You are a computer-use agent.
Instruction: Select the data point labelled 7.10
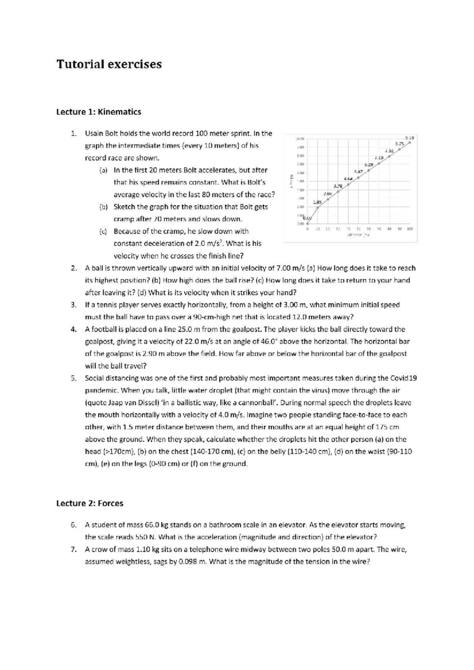tap(389, 156)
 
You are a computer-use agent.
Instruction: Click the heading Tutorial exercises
tap(109, 64)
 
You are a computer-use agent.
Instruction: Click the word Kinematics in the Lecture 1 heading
tap(119, 112)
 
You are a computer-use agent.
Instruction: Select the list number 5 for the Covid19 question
tap(73, 378)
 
